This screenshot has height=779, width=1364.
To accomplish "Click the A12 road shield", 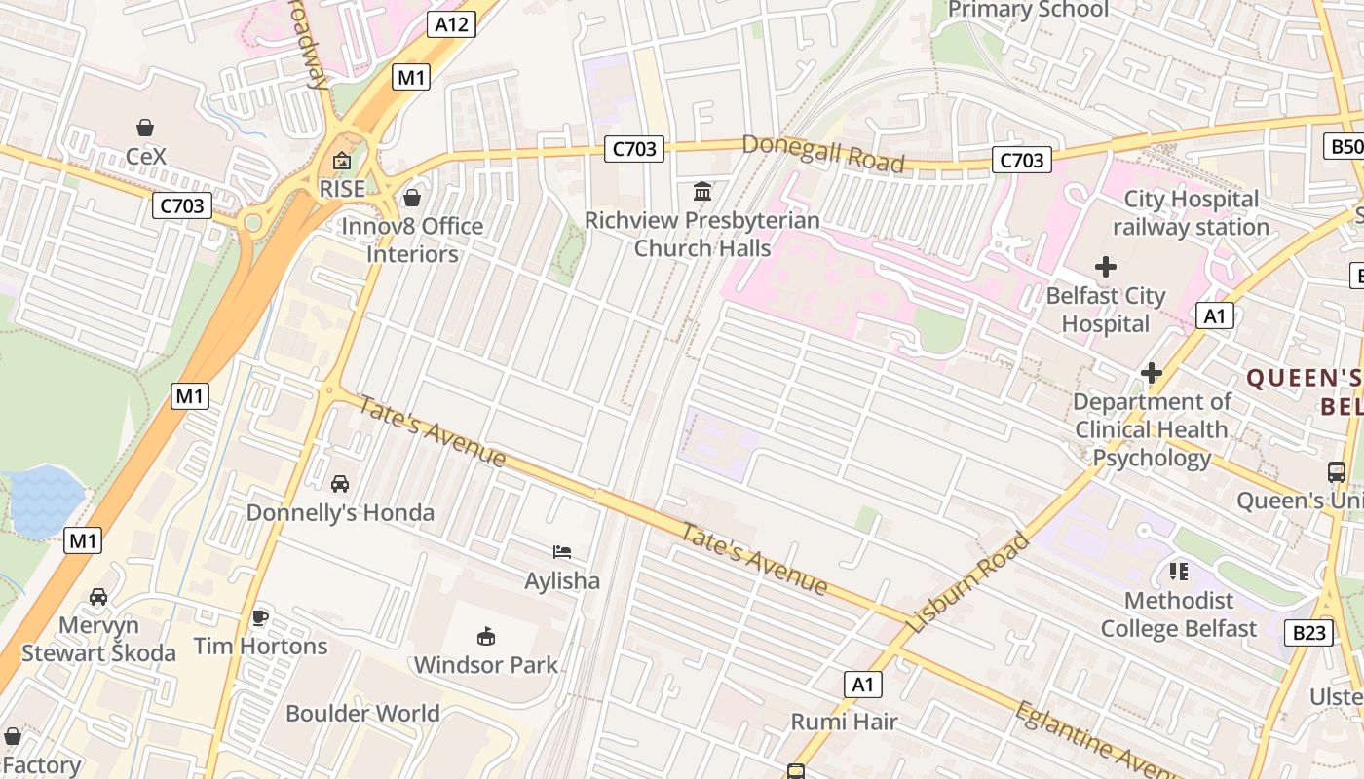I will point(451,24).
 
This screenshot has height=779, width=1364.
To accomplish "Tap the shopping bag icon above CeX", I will point(145,128).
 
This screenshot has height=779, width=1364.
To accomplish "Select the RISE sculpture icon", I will point(342,162).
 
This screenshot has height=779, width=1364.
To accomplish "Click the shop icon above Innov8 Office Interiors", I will point(412,198).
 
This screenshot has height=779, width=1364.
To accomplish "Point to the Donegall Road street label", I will point(823,154).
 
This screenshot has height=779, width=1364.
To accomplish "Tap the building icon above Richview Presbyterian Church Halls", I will point(702,191).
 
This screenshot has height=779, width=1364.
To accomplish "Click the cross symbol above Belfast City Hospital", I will point(1106,266).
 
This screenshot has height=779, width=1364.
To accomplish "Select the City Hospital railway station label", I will point(1191,213).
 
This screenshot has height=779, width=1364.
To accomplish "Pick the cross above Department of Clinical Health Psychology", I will point(1152,373).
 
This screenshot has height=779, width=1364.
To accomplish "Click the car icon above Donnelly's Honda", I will point(340,484).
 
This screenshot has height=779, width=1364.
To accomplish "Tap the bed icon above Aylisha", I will point(562,552).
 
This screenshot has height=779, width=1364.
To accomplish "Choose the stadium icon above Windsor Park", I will point(485,637).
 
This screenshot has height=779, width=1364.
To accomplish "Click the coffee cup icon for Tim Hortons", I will point(259,617).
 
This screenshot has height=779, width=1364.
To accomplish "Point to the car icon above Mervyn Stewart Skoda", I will point(98,596).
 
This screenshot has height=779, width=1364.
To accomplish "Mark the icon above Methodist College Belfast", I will point(1179,572).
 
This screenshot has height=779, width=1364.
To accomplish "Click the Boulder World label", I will point(362,713).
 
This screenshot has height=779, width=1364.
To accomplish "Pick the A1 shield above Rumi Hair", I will point(863,685).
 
